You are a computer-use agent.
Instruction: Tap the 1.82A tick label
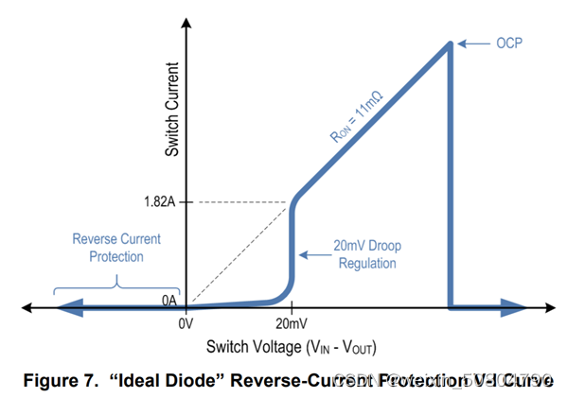(x=158, y=201)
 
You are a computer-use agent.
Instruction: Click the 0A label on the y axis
(x=168, y=300)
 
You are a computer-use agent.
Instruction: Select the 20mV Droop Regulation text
(x=367, y=254)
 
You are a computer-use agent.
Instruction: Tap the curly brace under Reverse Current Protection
(x=116, y=282)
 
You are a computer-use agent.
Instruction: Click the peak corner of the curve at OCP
(x=449, y=43)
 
